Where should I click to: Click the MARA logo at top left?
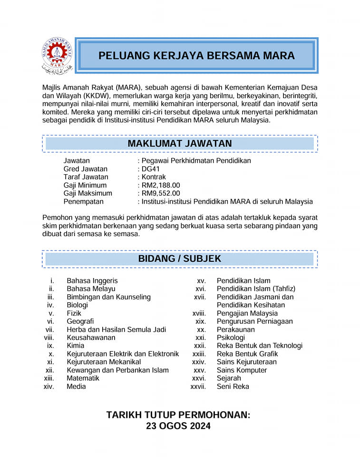point(57,56)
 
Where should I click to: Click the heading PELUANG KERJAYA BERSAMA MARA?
point(196,56)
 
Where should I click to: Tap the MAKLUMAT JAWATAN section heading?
point(180,143)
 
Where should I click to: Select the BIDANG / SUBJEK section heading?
point(180,259)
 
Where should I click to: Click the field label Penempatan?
point(83,201)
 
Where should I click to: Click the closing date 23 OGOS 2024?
point(178,426)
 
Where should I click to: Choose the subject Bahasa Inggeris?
point(92,281)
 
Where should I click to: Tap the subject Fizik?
point(74,313)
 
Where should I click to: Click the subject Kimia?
point(76,346)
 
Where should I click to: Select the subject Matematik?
point(83,378)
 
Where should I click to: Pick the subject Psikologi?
point(231,338)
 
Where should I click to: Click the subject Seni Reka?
point(233,387)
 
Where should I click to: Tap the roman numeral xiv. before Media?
point(49,387)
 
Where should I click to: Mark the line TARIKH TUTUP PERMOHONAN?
point(178,415)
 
